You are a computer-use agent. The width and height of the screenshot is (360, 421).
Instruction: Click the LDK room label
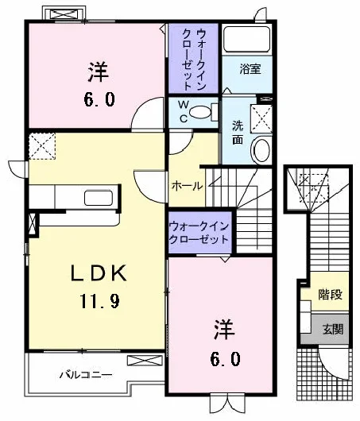(x=99, y=272)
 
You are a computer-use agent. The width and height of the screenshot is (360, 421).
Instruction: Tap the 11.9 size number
(x=99, y=301)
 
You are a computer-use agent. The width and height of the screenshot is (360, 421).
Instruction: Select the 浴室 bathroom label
(x=250, y=69)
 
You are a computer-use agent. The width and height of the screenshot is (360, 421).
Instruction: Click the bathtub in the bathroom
(x=247, y=39)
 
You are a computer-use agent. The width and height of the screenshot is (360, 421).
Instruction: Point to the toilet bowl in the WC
(x=200, y=112)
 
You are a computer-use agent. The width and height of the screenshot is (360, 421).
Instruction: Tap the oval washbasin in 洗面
(x=261, y=150)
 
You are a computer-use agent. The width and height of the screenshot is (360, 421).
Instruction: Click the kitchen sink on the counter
(x=99, y=198)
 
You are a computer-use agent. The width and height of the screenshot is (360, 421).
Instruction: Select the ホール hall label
(x=187, y=186)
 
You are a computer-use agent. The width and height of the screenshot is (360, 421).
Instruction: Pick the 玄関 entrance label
(x=333, y=329)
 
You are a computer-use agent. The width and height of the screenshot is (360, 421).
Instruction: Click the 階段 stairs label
(x=330, y=294)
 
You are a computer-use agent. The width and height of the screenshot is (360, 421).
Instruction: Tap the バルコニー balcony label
(x=86, y=375)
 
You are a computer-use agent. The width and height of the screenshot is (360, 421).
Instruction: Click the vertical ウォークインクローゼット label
(x=194, y=60)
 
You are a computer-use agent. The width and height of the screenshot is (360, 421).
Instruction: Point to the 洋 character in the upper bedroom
(x=99, y=71)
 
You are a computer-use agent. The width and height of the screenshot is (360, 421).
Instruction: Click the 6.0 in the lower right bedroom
(x=225, y=359)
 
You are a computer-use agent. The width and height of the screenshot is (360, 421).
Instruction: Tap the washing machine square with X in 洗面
(x=261, y=118)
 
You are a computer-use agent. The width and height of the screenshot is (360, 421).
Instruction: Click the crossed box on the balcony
(x=145, y=361)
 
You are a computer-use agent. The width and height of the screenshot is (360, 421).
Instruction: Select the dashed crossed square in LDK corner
(x=42, y=146)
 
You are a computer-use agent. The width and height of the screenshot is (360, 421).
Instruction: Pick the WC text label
(x=184, y=111)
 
